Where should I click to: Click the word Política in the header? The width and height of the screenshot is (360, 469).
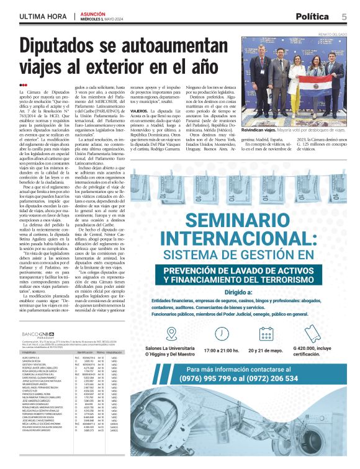[312, 17]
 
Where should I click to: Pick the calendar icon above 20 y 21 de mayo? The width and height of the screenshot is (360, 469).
[266, 334]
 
